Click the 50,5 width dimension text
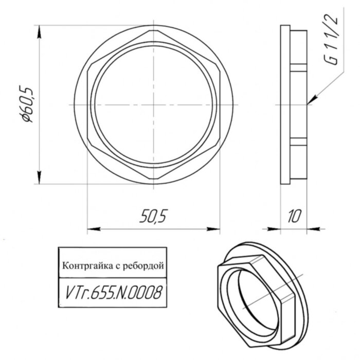(x=154, y=217)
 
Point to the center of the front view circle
(x=154, y=104)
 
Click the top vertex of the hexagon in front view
(x=154, y=29)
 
